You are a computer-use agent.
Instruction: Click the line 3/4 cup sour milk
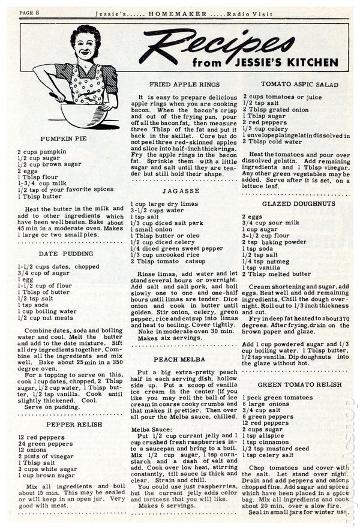269,223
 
